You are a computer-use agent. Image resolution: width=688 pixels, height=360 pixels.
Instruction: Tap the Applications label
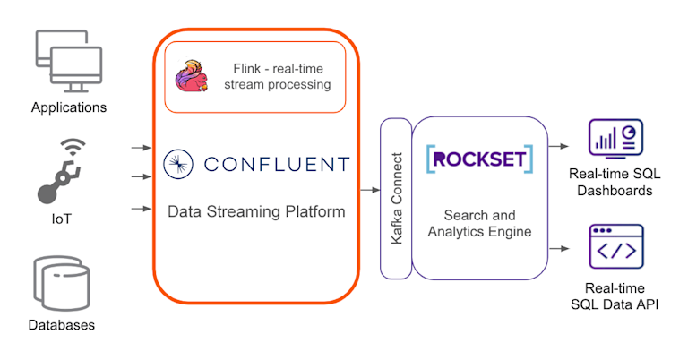point(69,107)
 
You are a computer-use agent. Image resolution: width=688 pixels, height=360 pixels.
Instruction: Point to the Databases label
point(61,325)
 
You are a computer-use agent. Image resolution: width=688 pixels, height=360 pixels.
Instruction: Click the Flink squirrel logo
point(192,77)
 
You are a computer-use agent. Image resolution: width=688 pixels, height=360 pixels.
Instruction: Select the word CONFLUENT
point(276,164)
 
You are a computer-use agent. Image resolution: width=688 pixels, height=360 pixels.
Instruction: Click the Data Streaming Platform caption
point(255,212)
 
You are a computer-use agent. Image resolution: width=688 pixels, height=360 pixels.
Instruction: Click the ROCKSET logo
point(479,159)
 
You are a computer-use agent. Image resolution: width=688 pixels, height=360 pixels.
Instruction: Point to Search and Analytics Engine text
point(479,224)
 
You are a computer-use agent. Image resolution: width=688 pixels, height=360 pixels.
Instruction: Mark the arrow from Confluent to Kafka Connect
point(369,189)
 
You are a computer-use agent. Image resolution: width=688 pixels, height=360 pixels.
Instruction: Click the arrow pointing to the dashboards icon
point(560,144)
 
